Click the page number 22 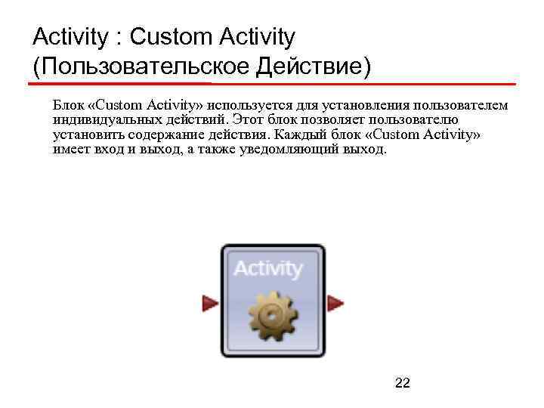(x=403, y=384)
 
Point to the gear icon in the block (x=272, y=316)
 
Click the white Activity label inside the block (x=268, y=268)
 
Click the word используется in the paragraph (x=252, y=104)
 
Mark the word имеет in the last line (x=69, y=150)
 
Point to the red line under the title (x=272, y=83)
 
